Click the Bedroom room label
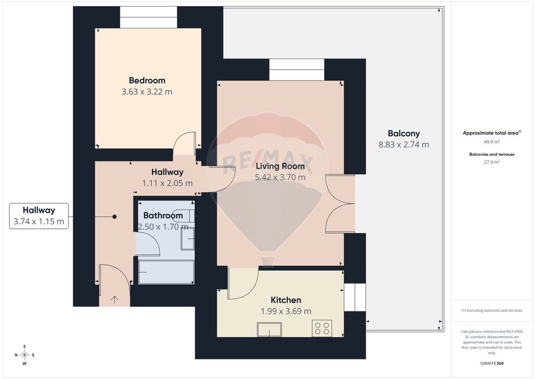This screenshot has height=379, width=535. click(x=147, y=80)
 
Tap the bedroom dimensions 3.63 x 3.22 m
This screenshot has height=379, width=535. click(x=147, y=92)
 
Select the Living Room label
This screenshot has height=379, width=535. click(x=280, y=166)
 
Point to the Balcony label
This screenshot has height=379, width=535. click(x=403, y=133)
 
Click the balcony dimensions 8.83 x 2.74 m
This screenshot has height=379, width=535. click(x=403, y=145)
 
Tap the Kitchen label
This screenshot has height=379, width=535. click(x=285, y=300)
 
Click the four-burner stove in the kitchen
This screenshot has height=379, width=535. click(x=322, y=328)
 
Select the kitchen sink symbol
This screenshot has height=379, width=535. click(x=269, y=329)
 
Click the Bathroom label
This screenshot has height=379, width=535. click(x=163, y=215)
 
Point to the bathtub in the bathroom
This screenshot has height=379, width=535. click(x=166, y=272)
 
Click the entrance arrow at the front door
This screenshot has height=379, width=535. click(x=115, y=299)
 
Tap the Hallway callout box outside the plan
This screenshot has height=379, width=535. click(x=39, y=216)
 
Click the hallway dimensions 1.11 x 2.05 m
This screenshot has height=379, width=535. click(x=167, y=183)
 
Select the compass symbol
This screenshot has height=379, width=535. click(x=25, y=355)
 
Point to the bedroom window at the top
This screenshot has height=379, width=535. click(x=148, y=17)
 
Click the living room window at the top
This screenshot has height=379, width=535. click(x=296, y=70)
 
